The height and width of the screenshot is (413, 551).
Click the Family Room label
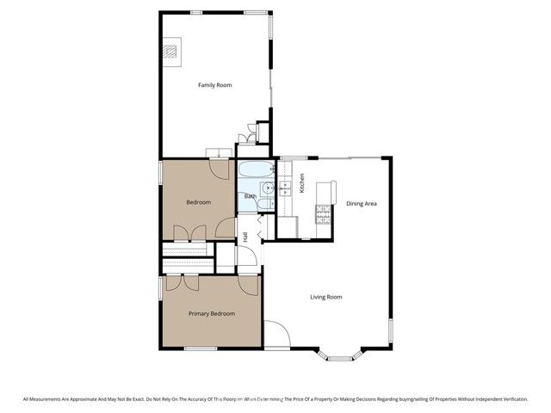(214, 85)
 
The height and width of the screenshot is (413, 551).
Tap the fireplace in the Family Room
(172, 53)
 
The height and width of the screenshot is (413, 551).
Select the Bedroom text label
(198, 203)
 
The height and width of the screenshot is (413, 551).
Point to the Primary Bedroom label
(212, 314)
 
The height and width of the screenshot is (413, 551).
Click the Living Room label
(326, 297)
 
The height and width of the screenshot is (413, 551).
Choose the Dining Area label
(362, 204)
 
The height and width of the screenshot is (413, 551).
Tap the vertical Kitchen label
(302, 183)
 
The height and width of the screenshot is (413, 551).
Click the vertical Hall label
(245, 237)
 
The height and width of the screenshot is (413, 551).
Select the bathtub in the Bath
(256, 170)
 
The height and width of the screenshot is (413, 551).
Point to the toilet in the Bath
(266, 204)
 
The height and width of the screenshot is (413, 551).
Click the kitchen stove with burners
(325, 214)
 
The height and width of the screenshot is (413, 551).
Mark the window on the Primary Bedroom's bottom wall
(201, 348)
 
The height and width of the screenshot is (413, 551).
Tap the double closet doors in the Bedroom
(189, 232)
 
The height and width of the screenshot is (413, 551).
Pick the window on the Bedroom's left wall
(160, 171)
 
